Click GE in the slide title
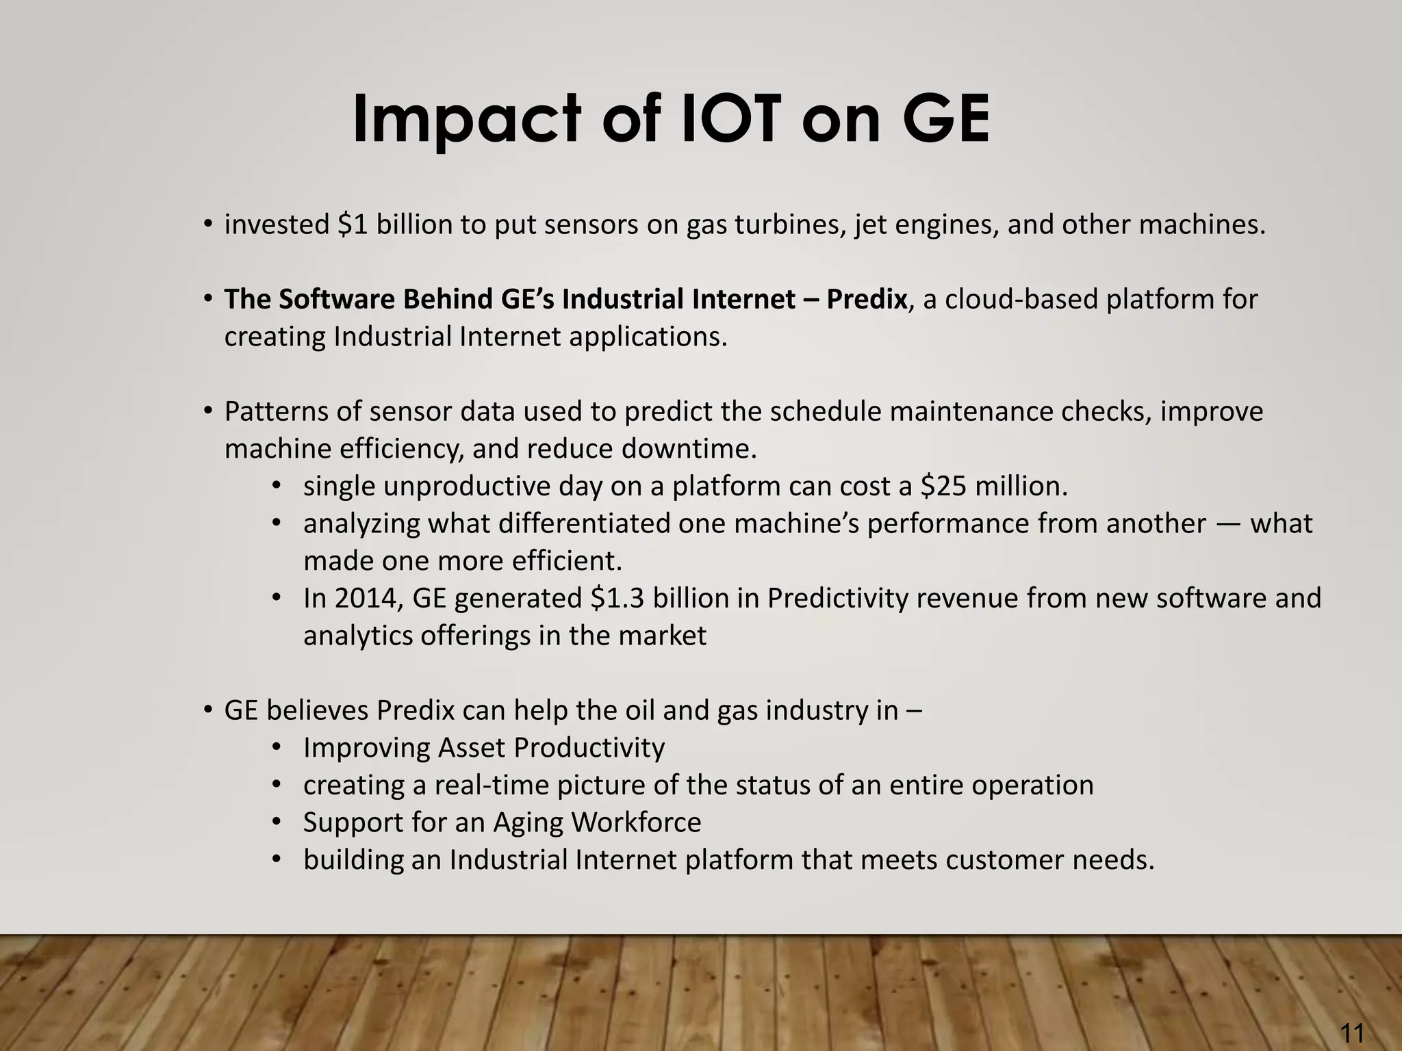tap(945, 120)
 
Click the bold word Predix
tap(866, 300)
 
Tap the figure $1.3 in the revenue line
tap(617, 599)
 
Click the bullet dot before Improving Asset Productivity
tap(276, 747)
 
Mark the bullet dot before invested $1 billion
tap(207, 224)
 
